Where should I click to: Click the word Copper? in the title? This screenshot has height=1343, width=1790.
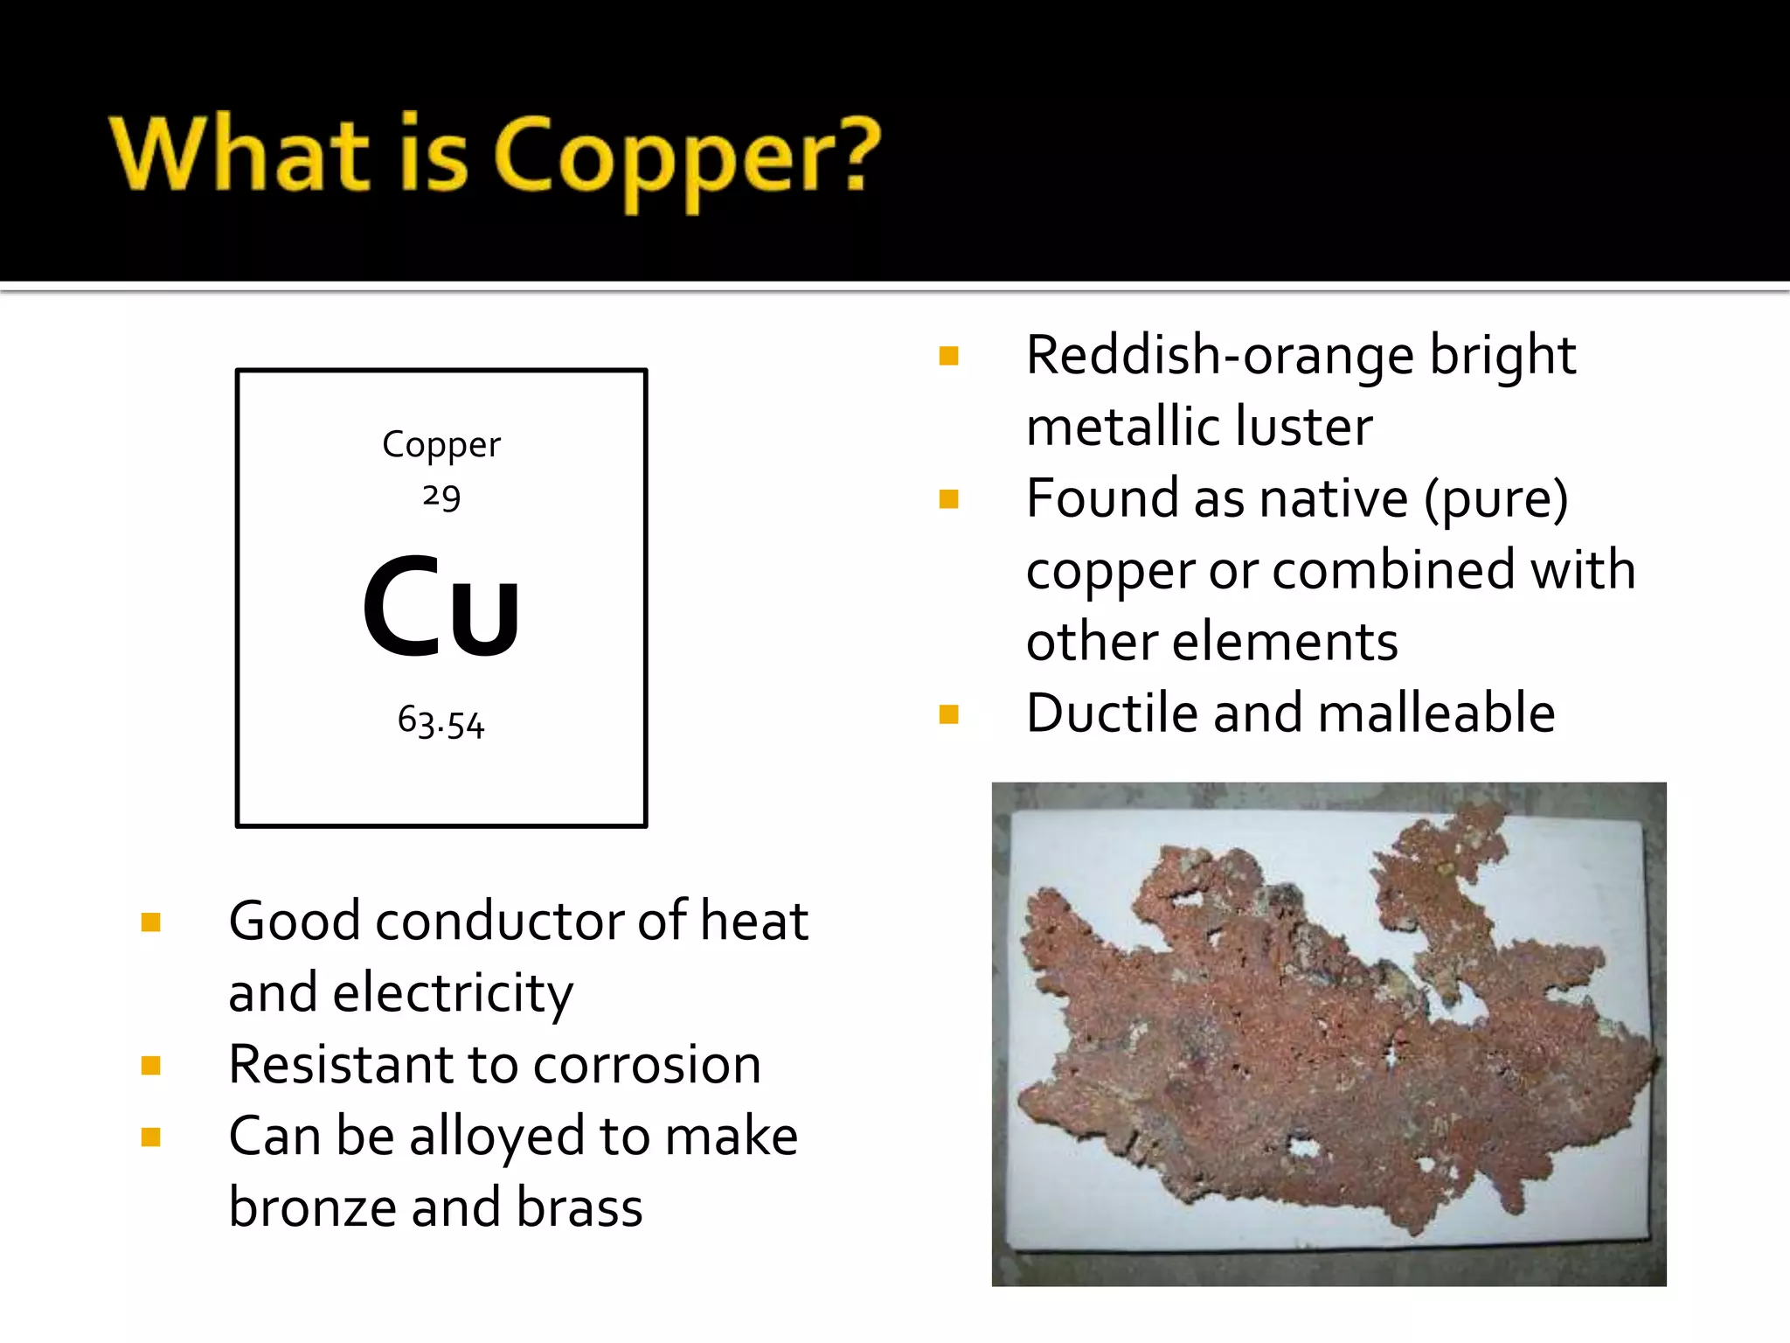tap(687, 157)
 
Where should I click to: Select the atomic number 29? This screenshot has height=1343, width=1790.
tap(441, 497)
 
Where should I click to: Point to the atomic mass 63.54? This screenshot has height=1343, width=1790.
tap(441, 722)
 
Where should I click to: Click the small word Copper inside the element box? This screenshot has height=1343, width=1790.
tap(441, 445)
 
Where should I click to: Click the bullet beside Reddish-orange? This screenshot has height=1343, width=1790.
tap(948, 356)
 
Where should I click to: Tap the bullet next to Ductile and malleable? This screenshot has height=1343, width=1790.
tap(948, 714)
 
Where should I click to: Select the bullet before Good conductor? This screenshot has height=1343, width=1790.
tap(151, 922)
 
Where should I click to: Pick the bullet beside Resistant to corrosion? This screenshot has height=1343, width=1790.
tap(151, 1065)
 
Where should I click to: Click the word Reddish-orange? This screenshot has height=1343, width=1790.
tap(1220, 356)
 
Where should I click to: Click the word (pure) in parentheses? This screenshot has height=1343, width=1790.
tap(1495, 499)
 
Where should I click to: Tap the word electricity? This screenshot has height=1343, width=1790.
tap(453, 993)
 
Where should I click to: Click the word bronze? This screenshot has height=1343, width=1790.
tap(312, 1207)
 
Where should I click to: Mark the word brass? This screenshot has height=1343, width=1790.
tap(579, 1207)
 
